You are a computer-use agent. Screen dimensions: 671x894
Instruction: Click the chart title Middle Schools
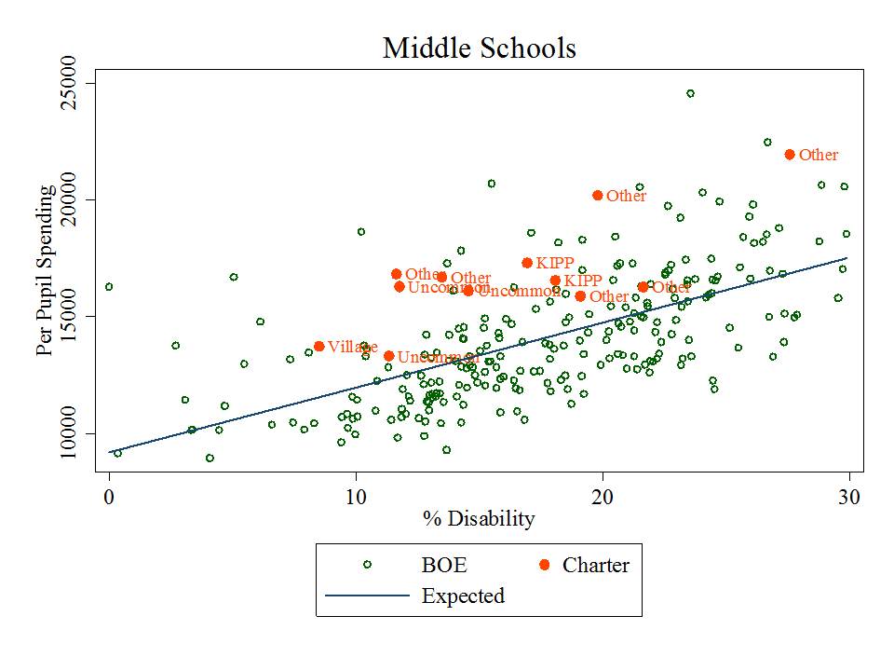pyautogui.click(x=480, y=48)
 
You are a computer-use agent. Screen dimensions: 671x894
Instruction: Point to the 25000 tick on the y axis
pyautogui.click(x=69, y=84)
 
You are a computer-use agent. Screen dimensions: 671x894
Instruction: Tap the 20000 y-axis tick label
pyautogui.click(x=69, y=200)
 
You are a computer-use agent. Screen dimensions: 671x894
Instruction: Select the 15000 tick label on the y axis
pyautogui.click(x=69, y=317)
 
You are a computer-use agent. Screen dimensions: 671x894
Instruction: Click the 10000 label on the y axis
pyautogui.click(x=69, y=433)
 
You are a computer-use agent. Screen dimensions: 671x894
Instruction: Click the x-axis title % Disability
pyautogui.click(x=479, y=519)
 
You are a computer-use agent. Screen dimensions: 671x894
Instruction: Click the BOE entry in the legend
pyautogui.click(x=443, y=565)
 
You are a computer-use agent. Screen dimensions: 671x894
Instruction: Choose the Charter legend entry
pyautogui.click(x=595, y=565)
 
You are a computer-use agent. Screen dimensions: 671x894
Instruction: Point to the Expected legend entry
pyautogui.click(x=462, y=596)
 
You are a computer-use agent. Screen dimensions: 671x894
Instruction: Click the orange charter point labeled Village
pyautogui.click(x=319, y=347)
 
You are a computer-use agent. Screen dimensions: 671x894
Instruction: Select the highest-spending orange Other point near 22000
pyautogui.click(x=790, y=155)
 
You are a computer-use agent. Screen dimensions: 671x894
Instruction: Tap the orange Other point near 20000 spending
pyautogui.click(x=598, y=196)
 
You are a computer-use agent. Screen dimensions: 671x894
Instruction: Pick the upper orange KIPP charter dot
pyautogui.click(x=527, y=263)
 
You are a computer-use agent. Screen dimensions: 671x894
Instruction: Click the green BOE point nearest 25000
pyautogui.click(x=690, y=93)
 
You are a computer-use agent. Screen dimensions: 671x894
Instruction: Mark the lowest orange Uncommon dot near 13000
pyautogui.click(x=388, y=356)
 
